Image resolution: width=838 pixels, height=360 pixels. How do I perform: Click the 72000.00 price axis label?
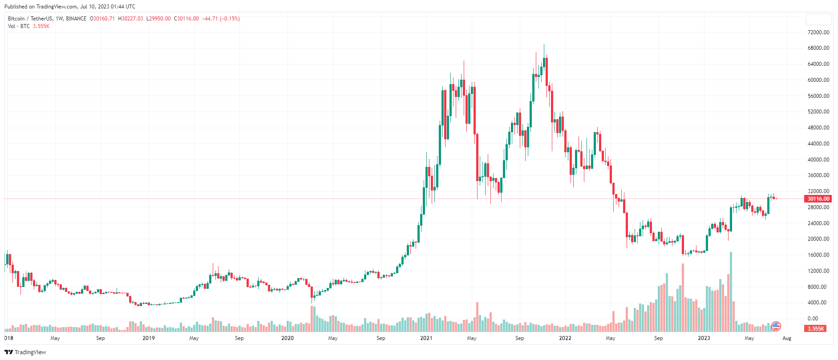pos(818,32)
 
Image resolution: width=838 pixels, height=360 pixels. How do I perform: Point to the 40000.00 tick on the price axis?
pos(818,160)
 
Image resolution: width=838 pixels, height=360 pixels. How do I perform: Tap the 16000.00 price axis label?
pos(818,255)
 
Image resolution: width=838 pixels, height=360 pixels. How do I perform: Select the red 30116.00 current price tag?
pos(818,199)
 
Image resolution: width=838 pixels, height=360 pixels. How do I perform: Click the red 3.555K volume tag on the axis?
pos(815,329)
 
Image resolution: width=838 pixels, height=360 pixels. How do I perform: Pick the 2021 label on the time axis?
pos(426,338)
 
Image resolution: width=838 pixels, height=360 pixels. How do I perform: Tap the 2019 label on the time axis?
pos(149,338)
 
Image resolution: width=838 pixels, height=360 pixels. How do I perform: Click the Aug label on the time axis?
pos(787,338)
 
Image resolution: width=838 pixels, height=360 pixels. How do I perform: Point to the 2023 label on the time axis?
pos(704,338)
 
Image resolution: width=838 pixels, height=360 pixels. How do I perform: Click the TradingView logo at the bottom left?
pos(25,352)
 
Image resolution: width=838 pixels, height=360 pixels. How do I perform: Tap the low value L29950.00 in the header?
pos(158,19)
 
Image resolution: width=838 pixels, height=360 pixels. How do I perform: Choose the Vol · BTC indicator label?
pos(19,26)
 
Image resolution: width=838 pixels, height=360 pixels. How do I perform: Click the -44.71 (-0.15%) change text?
pos(221,19)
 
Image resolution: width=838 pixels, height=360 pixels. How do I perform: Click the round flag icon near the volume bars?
pos(776,326)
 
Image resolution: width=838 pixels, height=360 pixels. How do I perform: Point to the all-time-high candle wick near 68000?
pos(544,46)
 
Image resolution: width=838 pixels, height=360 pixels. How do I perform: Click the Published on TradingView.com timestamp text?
pos(70,7)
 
